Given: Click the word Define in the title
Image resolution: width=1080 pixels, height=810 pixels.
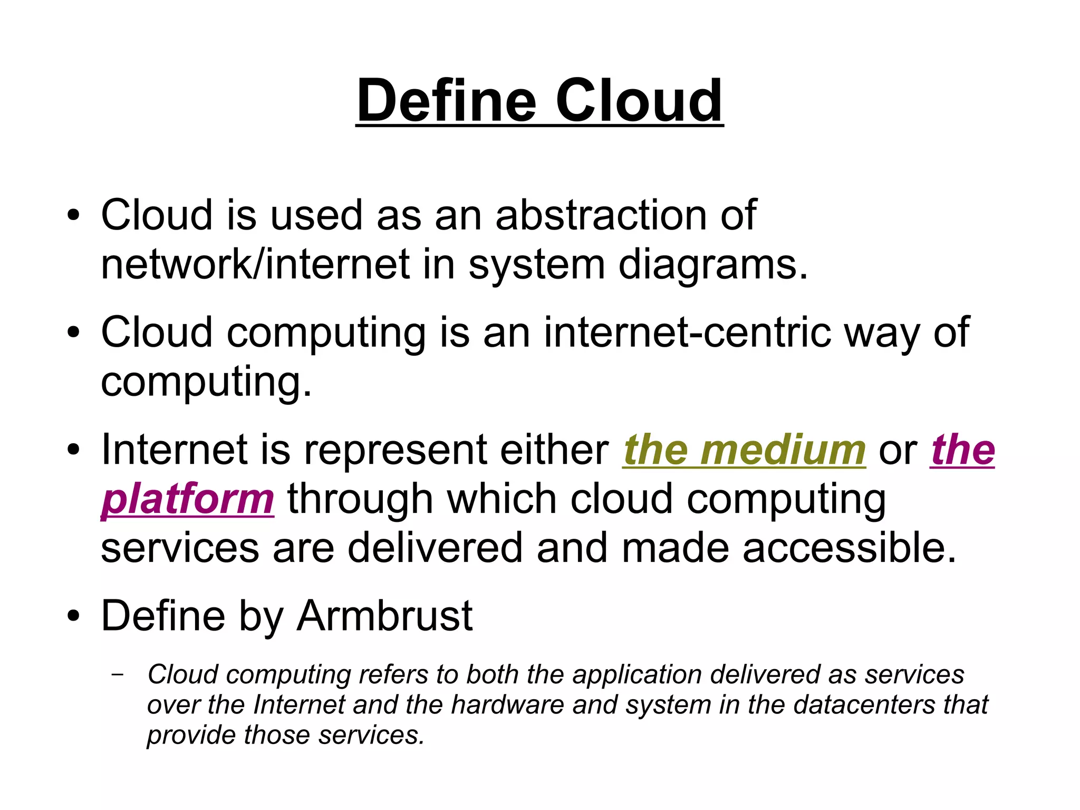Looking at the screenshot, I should pos(446,100).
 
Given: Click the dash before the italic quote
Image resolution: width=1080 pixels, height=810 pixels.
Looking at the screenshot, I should pos(118,674).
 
